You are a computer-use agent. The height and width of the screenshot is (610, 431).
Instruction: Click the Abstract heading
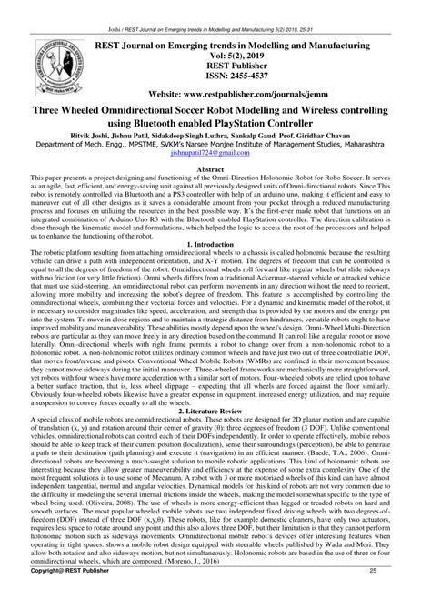pyautogui.click(x=215, y=169)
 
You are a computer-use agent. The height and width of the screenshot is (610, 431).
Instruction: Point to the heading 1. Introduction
pyautogui.click(x=215, y=243)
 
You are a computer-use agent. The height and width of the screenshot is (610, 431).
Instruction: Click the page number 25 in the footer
pyautogui.click(x=396, y=595)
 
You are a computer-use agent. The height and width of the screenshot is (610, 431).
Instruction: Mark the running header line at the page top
pyautogui.click(x=215, y=5)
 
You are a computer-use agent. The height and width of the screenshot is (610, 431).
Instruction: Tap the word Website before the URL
pyautogui.click(x=170, y=94)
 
